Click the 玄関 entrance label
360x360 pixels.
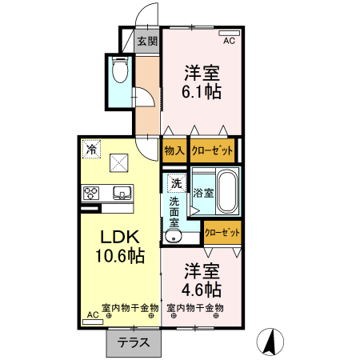pyautogui.click(x=147, y=42)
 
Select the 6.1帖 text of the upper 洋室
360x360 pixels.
pyautogui.click(x=202, y=91)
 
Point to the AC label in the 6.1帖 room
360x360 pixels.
pyautogui.click(x=228, y=41)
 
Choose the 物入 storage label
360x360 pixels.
pyautogui.click(x=174, y=150)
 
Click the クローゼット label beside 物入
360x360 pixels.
pyautogui.click(x=212, y=150)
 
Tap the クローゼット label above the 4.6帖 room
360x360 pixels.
pyautogui.click(x=222, y=232)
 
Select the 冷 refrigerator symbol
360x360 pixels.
pyautogui.click(x=92, y=149)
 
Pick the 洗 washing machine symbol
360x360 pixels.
pyautogui.click(x=175, y=182)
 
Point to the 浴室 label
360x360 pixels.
pyautogui.click(x=202, y=192)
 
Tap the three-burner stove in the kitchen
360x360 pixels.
pyautogui.click(x=91, y=193)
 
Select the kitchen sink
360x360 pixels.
pyautogui.click(x=122, y=192)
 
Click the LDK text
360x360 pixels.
pyautogui.click(x=120, y=238)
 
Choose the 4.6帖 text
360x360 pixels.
pyautogui.click(x=202, y=287)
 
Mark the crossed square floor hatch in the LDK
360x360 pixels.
pyautogui.click(x=121, y=162)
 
